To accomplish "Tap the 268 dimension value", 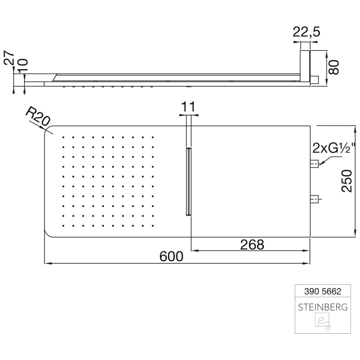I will tap(252, 244).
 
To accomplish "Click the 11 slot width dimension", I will tap(189, 107).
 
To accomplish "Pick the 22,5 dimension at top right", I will tap(306, 32).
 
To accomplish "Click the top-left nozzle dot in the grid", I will tap(63, 137).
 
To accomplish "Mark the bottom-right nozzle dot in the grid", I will tap(154, 225).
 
